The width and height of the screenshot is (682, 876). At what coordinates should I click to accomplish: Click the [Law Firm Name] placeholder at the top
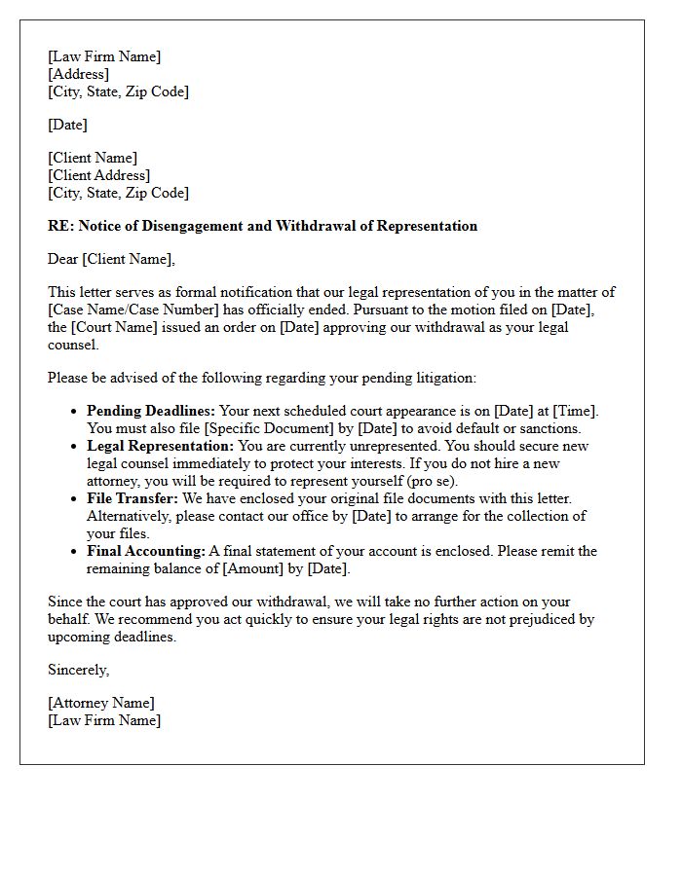pyautogui.click(x=104, y=56)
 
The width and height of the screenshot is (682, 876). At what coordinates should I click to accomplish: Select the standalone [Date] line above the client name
pyautogui.click(x=67, y=125)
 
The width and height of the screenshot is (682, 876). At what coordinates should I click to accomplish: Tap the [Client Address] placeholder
pyautogui.click(x=98, y=175)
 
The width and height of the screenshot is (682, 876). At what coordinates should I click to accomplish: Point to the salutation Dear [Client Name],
pyautogui.click(x=111, y=259)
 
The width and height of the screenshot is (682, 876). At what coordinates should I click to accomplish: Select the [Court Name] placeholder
pyautogui.click(x=116, y=327)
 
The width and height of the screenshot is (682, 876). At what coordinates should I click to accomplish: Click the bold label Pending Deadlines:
pyautogui.click(x=151, y=411)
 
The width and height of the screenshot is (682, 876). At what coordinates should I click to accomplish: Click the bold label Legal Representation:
pyautogui.click(x=160, y=446)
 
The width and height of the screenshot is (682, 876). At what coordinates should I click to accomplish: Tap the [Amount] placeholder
pyautogui.click(x=256, y=568)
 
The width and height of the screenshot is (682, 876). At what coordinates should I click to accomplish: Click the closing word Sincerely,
pyautogui.click(x=78, y=670)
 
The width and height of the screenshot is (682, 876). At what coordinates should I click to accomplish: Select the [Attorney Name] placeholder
pyautogui.click(x=100, y=703)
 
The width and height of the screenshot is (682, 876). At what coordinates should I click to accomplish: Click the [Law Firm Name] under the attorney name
pyautogui.click(x=104, y=720)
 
